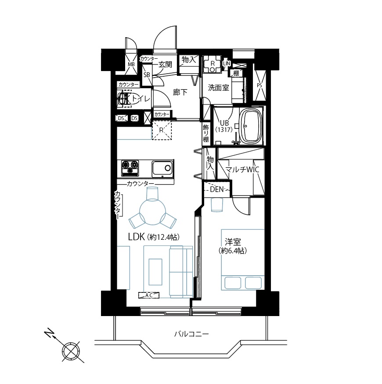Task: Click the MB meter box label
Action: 131,64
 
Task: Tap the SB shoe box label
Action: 147,75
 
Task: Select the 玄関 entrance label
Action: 165,64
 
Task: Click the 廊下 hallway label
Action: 180,92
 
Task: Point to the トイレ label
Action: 140,99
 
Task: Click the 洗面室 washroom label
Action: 218,87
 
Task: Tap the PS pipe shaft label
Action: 259,85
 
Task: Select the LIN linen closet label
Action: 227,64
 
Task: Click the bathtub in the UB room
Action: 251,127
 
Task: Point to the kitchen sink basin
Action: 162,168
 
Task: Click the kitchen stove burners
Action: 130,168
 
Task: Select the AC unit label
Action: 149,295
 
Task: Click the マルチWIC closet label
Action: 242,170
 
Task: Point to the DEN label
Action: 217,189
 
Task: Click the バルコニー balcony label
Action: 191,334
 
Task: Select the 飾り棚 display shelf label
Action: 206,133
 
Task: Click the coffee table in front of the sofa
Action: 155,272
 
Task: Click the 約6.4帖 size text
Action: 232,251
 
